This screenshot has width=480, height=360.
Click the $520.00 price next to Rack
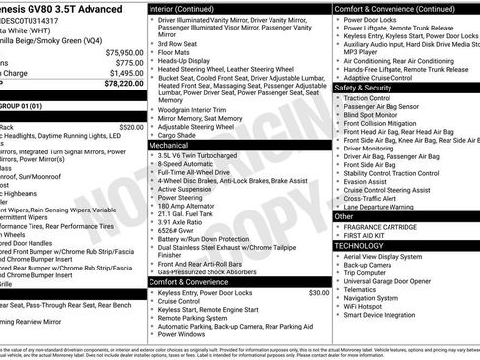130,127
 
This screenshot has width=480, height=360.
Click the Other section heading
345,216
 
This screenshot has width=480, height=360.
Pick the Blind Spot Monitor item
377,115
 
